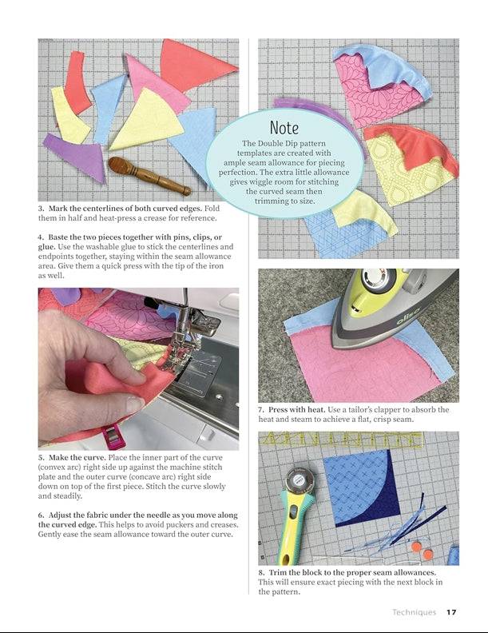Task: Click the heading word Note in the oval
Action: (284, 127)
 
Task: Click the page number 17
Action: (451, 612)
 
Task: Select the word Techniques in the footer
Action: (414, 612)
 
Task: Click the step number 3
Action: (41, 209)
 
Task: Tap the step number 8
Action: (261, 573)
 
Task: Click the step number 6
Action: (41, 515)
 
